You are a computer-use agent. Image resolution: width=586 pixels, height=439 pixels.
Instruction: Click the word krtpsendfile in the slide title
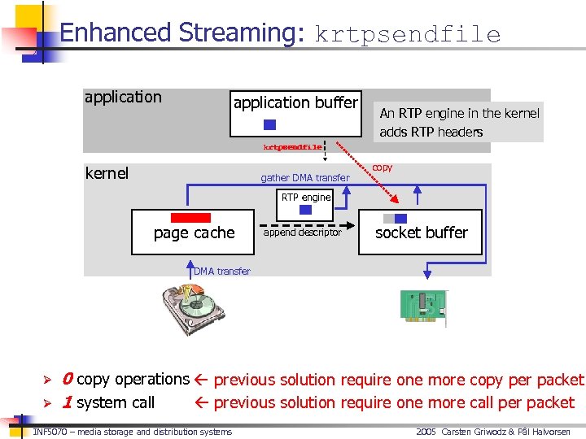[407, 34]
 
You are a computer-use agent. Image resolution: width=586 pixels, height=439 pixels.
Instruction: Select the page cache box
[195, 232]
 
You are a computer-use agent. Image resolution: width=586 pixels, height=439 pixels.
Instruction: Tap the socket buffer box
[421, 232]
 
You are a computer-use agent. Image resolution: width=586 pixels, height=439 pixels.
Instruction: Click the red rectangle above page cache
[190, 218]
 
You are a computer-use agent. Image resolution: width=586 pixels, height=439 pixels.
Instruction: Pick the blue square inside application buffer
[270, 124]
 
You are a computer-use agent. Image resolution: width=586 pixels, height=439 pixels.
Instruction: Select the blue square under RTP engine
[306, 210]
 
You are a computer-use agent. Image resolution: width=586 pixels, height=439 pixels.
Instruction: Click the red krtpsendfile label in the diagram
[292, 147]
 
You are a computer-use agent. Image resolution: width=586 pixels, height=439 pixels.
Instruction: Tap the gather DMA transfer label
[304, 178]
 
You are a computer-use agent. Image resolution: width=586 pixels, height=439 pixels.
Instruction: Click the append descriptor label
[302, 233]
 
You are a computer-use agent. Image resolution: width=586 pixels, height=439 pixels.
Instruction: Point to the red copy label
[382, 167]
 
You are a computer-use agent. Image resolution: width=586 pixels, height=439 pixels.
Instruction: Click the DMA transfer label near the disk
[222, 272]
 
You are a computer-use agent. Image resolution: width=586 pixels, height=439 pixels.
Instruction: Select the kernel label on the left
[107, 173]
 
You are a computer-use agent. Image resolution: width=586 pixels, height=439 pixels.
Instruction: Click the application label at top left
[123, 98]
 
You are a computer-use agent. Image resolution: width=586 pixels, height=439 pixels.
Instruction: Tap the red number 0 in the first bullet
[68, 379]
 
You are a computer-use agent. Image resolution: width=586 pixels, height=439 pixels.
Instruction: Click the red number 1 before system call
[68, 402]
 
